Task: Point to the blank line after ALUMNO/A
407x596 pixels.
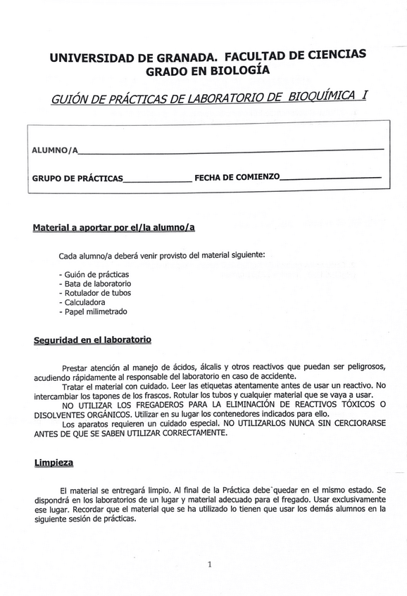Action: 232,150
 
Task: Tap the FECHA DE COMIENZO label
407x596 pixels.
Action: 237,177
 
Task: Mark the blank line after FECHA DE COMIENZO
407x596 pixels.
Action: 331,176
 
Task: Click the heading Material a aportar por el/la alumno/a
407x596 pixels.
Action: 113,228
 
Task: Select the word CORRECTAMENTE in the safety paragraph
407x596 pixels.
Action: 190,433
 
